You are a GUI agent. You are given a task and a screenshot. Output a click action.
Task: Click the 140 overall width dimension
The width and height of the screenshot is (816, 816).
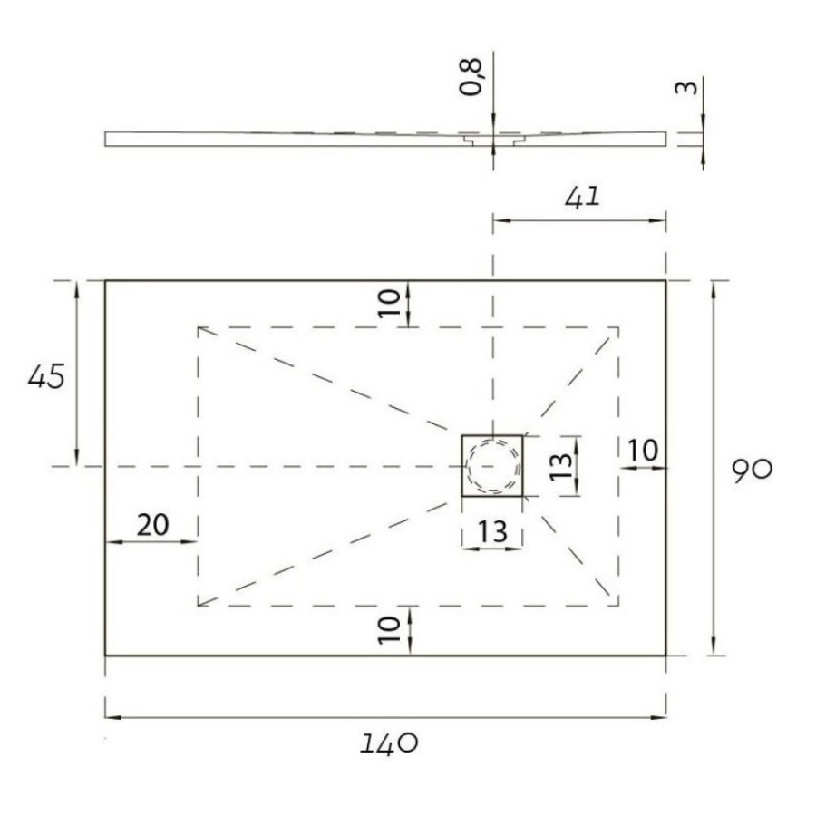point(389,743)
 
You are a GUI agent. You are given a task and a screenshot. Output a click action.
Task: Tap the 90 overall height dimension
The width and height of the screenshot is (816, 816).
point(752,470)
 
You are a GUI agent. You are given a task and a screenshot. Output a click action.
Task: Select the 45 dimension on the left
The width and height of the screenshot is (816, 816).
point(46,376)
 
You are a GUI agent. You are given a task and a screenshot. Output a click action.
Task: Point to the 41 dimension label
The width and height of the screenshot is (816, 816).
point(582,198)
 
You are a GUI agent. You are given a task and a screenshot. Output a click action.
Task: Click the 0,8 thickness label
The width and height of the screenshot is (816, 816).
point(471,77)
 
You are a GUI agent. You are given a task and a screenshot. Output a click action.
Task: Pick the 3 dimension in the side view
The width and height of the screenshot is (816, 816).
point(686,87)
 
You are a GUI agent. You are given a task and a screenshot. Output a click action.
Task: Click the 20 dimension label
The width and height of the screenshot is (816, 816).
point(152,525)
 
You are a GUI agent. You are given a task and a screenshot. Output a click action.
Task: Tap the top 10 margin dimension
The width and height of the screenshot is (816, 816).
point(389,302)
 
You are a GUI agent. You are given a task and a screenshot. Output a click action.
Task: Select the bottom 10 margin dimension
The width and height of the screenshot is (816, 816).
point(389,630)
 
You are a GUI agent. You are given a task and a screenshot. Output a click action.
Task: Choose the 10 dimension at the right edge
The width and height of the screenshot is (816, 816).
point(643,451)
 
